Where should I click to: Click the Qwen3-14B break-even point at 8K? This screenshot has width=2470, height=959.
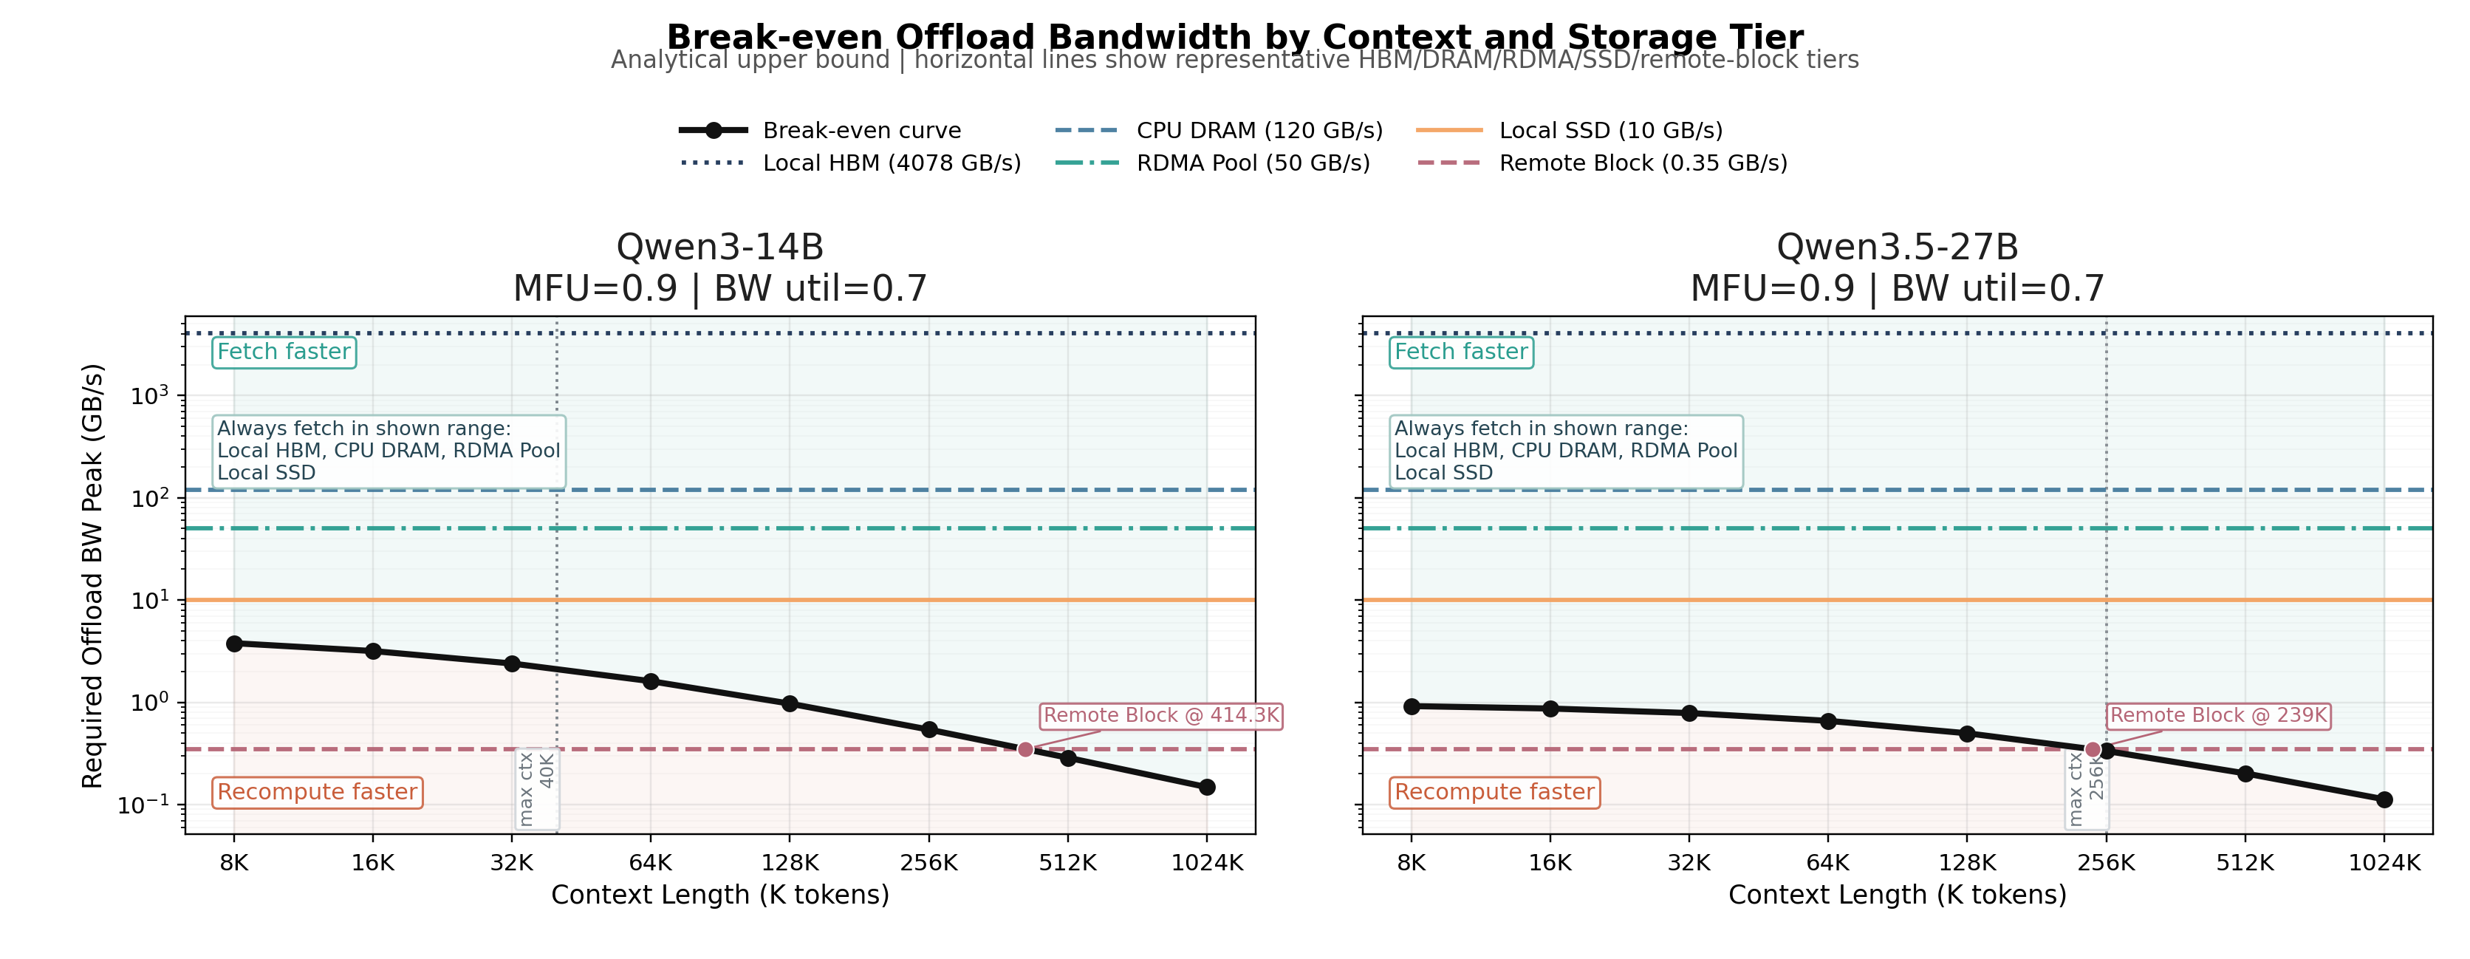click(234, 644)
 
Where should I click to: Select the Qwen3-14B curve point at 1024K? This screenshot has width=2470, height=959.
click(1207, 788)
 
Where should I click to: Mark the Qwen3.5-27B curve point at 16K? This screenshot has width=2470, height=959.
click(1550, 709)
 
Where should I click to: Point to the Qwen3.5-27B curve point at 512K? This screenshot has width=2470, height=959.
click(2245, 774)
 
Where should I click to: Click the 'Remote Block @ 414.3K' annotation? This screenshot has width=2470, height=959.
click(1161, 715)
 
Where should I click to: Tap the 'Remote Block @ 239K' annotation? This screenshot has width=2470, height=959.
click(2218, 715)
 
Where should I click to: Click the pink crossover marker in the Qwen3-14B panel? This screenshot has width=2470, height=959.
click(1025, 750)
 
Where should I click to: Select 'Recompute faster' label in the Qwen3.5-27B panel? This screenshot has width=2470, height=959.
click(1494, 792)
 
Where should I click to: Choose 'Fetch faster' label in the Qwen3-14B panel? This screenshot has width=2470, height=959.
click(284, 352)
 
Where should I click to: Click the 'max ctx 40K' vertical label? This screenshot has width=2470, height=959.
click(537, 788)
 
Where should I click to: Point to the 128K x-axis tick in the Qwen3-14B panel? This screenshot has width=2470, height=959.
click(789, 863)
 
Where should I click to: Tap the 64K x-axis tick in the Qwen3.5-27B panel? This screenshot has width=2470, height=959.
click(1827, 863)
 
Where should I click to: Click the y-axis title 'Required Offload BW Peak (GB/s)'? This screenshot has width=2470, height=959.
click(92, 576)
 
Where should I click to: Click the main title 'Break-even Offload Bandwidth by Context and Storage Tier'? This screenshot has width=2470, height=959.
click(1235, 36)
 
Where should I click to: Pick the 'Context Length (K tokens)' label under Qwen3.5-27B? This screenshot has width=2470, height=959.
click(1897, 895)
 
